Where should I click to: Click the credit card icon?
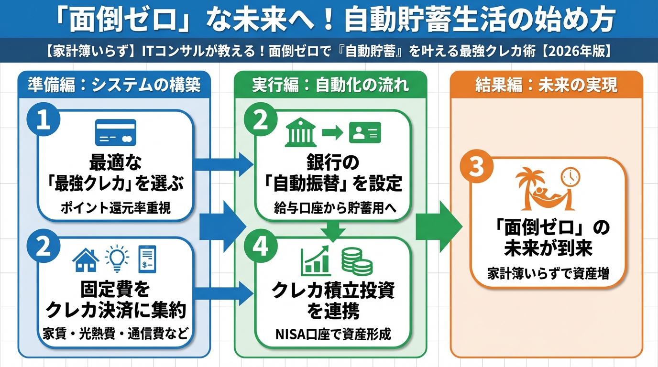tap(116, 133)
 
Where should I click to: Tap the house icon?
tap(85, 260)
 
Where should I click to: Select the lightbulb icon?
tap(116, 258)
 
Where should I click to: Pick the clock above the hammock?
tap(570, 177)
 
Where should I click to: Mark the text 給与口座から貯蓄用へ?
tap(334, 208)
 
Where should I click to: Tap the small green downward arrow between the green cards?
tap(333, 230)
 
